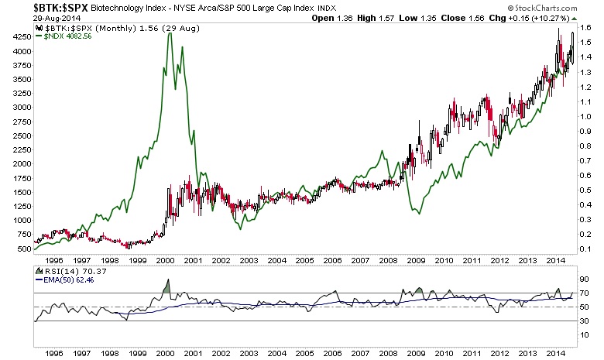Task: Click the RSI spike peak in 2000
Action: pyautogui.click(x=169, y=279)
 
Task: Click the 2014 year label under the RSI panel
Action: pyautogui.click(x=554, y=353)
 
